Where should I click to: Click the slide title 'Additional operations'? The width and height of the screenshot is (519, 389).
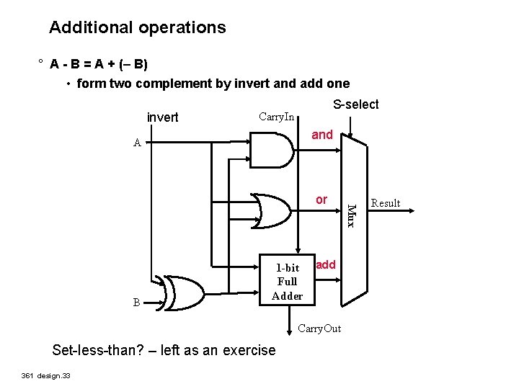[137, 28]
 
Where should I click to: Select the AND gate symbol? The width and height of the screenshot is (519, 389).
[274, 151]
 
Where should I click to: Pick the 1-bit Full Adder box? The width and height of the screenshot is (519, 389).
[287, 282]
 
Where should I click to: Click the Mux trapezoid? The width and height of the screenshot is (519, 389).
[352, 216]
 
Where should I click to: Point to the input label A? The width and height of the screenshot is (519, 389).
[137, 143]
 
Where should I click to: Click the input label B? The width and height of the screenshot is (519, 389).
[137, 303]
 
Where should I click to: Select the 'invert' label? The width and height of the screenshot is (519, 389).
[162, 117]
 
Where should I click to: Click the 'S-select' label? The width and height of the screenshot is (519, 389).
[355, 104]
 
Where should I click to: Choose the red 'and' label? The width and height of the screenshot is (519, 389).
[321, 135]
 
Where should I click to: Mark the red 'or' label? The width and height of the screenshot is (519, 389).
[321, 200]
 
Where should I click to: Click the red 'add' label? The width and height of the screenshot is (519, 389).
[326, 264]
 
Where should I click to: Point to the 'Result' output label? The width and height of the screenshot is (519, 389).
[385, 203]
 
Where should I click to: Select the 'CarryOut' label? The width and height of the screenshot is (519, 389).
[319, 329]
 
